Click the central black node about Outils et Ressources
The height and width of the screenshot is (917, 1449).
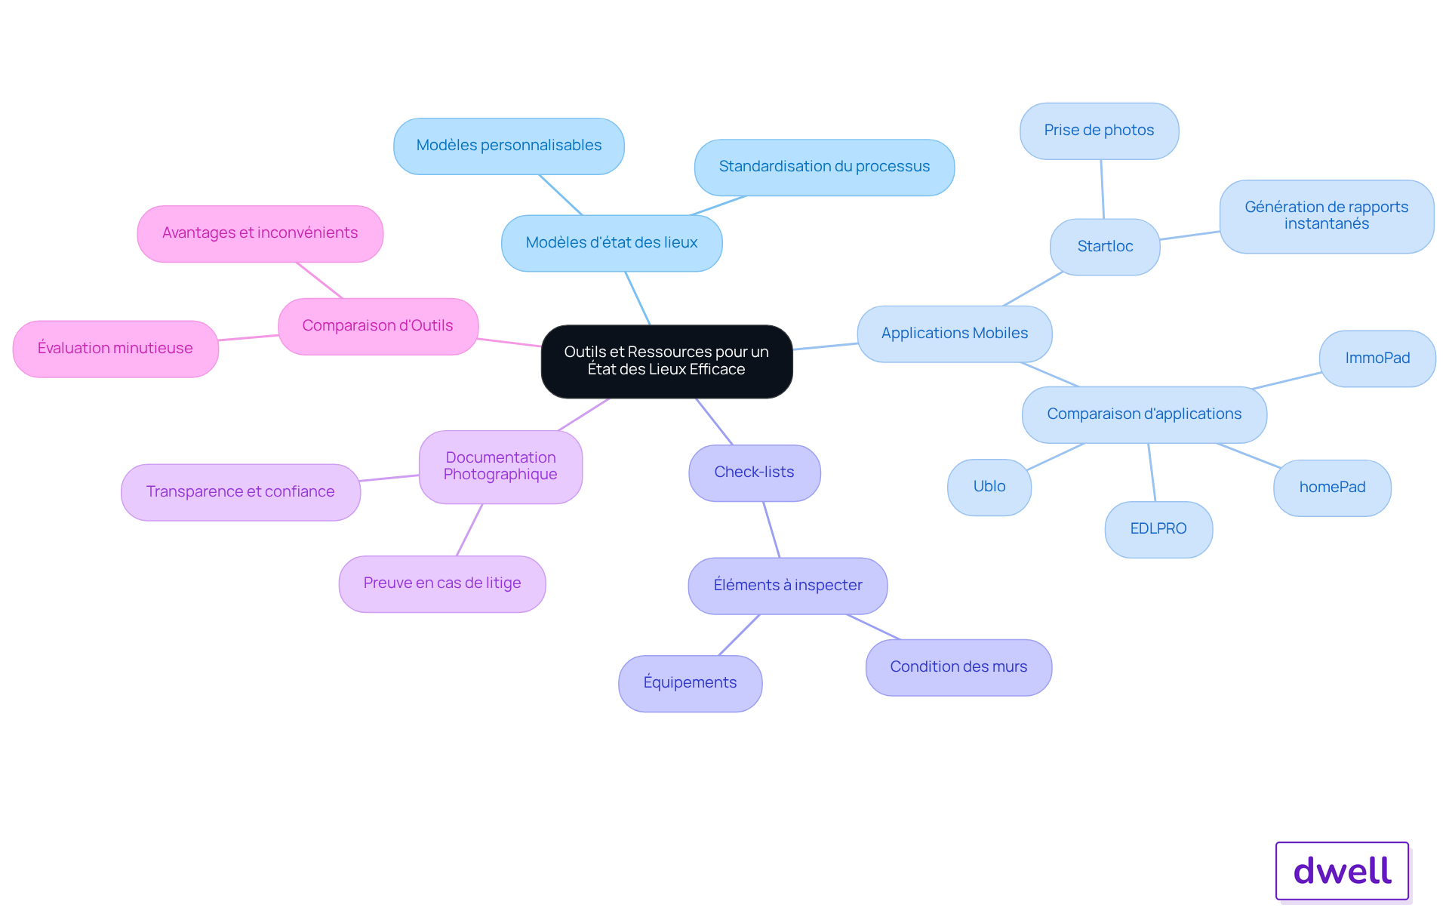666,362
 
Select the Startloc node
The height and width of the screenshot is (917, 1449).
1105,247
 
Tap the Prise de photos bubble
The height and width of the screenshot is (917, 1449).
1099,131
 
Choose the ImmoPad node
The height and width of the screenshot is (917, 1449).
1377,358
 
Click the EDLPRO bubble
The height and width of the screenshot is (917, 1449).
1158,529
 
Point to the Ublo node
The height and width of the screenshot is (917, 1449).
989,487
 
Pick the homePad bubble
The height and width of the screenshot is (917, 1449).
1332,488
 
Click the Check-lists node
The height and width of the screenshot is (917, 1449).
754,472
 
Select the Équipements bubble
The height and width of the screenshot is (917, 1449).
690,683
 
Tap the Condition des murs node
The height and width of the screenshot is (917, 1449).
958,667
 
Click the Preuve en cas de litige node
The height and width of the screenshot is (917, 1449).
442,583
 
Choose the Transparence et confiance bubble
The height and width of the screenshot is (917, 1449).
241,492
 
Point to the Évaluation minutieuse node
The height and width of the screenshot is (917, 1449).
115,349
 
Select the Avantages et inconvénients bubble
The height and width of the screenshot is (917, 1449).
260,233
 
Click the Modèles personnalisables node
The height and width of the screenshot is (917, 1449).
509,146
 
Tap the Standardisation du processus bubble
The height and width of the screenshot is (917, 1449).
824,167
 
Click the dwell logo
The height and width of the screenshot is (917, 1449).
1342,871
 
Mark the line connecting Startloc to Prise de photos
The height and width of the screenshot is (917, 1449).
1102,189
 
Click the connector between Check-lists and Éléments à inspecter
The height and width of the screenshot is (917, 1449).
771,529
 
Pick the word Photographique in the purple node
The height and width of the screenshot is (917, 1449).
500,475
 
